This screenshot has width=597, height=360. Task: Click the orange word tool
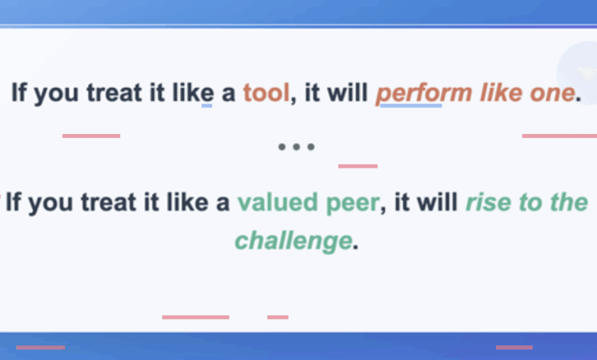(x=266, y=93)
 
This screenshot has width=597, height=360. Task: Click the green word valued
(x=278, y=202)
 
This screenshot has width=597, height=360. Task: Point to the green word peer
(x=353, y=204)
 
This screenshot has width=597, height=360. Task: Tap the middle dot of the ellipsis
(x=296, y=146)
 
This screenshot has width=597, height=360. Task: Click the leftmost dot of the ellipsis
(x=282, y=146)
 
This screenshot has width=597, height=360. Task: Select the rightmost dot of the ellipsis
(x=311, y=146)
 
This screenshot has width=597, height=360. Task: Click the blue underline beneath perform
(x=411, y=106)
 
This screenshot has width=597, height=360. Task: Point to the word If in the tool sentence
(x=19, y=93)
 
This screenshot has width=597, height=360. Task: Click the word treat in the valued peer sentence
(x=109, y=202)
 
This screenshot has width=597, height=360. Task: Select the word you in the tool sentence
(x=57, y=94)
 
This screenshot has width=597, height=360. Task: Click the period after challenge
(x=356, y=247)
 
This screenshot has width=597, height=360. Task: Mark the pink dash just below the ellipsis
(x=358, y=166)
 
